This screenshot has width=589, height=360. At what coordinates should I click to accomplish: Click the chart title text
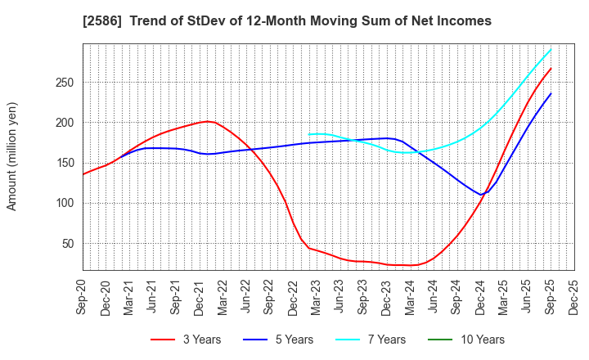[294, 21]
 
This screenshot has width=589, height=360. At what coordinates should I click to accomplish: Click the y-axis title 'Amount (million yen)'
[12, 156]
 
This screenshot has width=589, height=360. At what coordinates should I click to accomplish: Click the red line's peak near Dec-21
[208, 121]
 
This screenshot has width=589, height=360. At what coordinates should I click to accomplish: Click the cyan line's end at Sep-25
[551, 49]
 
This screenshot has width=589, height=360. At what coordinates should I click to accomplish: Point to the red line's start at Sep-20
[83, 173]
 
